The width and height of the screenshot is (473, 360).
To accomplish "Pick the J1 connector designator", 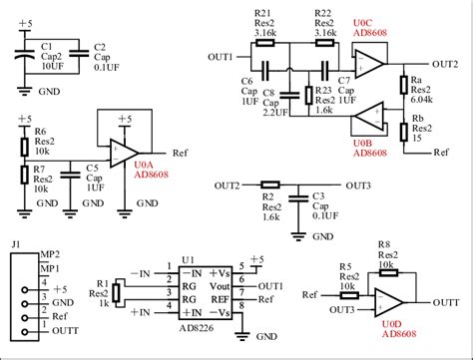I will (15, 244).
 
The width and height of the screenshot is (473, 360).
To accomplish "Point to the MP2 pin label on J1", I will (48, 255).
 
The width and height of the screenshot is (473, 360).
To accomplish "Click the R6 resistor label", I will (41, 131).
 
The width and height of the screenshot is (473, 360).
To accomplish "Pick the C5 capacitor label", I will (91, 167).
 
